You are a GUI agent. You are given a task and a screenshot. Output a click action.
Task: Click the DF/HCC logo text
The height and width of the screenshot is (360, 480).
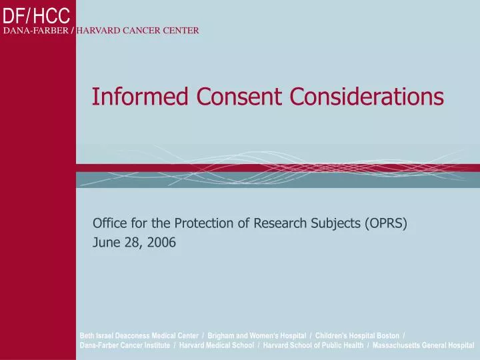[36, 13]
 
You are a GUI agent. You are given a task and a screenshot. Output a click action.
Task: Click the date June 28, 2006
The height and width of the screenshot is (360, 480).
[134, 243]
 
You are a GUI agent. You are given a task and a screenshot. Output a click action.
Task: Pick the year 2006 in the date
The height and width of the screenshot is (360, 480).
[161, 243]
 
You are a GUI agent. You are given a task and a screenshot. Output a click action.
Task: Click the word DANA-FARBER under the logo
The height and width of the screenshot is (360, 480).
[35, 31]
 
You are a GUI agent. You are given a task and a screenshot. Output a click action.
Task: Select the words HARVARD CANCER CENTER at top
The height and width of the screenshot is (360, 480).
[138, 31]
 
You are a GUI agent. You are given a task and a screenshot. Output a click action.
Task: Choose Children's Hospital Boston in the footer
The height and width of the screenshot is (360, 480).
[357, 335]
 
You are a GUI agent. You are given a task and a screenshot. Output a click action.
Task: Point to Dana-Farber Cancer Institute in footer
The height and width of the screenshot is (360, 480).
[124, 345]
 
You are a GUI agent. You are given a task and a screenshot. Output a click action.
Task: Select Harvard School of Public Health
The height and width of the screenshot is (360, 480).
[313, 345]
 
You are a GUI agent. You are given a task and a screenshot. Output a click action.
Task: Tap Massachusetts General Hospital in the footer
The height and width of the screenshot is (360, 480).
[423, 345]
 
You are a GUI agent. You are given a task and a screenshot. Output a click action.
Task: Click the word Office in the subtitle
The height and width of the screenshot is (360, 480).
[109, 223]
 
